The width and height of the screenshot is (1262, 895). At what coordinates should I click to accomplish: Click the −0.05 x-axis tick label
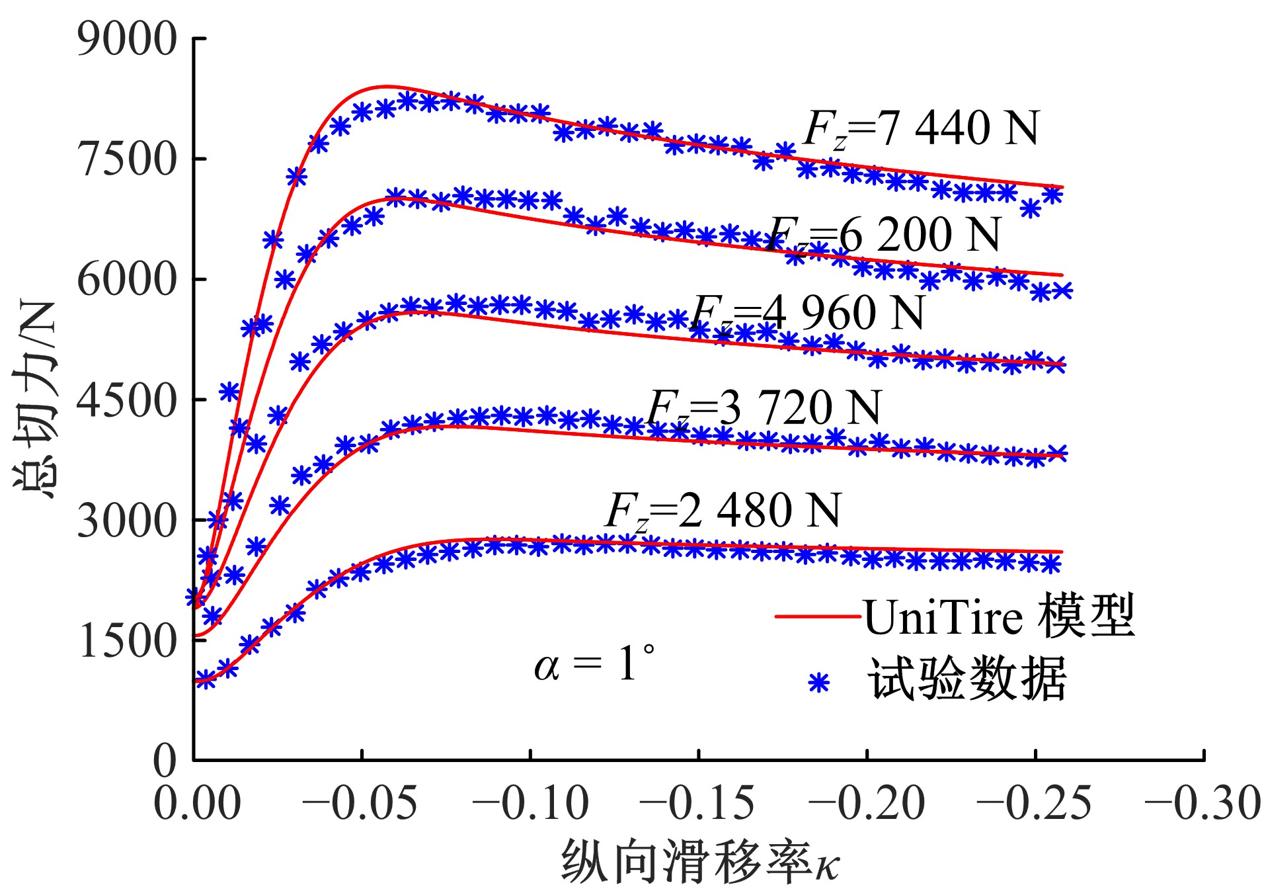coord(360,804)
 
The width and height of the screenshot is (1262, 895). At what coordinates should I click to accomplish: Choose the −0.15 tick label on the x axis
coord(697,804)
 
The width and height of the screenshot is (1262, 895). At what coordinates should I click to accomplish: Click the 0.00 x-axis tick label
coord(197,804)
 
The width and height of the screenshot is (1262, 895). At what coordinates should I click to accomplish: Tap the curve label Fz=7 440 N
coord(922,128)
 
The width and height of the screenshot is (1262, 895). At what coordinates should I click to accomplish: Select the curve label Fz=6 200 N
coord(885,235)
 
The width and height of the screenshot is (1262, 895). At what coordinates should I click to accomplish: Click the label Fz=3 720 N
coord(764,407)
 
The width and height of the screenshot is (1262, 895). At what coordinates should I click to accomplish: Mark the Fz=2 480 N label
coord(723,511)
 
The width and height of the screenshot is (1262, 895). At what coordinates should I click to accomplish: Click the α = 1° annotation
coord(594,664)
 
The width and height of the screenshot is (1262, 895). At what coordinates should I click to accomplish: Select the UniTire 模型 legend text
coord(999,617)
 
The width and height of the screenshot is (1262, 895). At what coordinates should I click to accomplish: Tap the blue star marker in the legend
coord(818,682)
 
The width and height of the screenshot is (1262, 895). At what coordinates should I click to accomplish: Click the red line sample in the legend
coord(818,617)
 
